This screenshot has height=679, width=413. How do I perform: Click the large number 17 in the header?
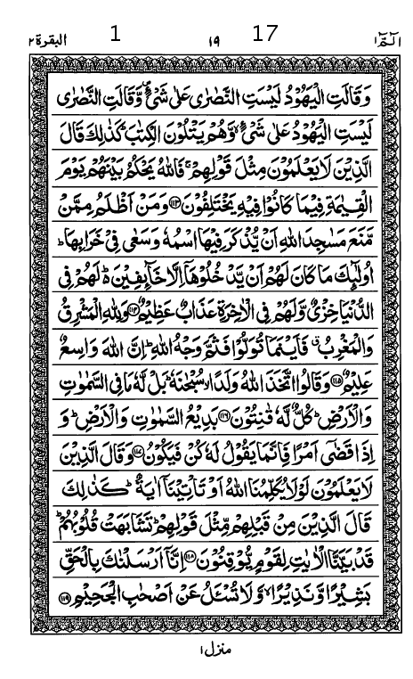point(265,34)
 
